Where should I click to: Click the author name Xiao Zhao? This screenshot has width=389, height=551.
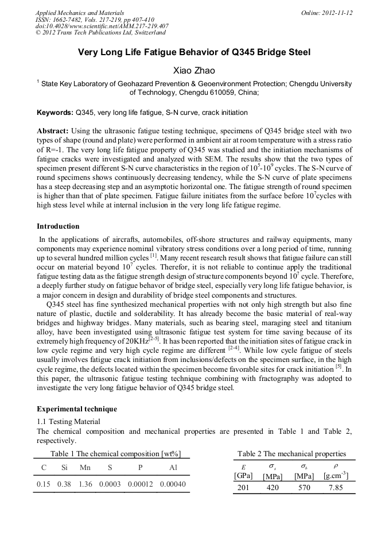194,71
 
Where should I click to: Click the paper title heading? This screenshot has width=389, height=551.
194,52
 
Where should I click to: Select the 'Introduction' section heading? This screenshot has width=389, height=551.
58,226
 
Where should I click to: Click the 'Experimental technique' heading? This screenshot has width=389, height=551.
77,409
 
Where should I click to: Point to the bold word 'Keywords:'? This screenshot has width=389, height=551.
55,113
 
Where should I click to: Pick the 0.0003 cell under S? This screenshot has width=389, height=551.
110,484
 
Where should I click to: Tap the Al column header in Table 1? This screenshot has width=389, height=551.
173,468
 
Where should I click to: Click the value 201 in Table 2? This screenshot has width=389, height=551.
243,488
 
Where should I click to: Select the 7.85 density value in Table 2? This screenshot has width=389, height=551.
335,488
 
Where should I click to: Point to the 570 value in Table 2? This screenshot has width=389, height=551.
304,488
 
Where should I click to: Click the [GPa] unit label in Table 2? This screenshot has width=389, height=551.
243,475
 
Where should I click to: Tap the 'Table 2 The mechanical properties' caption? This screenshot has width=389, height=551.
291,454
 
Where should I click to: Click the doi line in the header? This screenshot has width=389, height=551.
102,26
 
